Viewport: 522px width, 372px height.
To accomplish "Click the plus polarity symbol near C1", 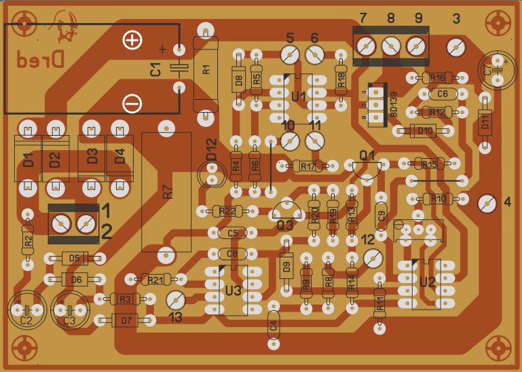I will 132,40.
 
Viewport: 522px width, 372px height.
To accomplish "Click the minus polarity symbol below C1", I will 132,103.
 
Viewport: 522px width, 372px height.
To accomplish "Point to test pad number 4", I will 485,202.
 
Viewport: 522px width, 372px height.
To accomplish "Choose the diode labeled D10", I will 425,130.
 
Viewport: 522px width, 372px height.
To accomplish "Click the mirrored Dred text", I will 39,60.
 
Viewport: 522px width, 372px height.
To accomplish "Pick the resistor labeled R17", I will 307,166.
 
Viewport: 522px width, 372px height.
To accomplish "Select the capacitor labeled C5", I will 233,234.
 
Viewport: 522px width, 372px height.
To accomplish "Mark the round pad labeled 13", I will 175,299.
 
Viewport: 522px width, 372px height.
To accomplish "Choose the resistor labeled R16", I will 436,78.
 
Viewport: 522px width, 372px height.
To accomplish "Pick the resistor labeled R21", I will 155,279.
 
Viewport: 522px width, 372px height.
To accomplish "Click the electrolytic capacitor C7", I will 495,68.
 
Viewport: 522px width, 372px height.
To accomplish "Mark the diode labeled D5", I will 75,258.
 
